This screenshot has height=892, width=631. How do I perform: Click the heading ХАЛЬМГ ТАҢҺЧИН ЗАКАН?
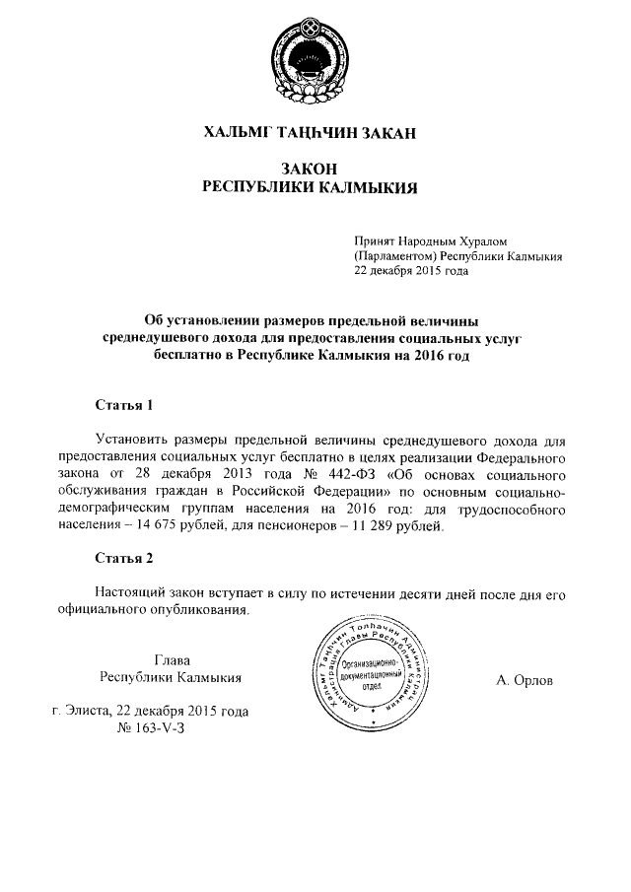click(x=311, y=132)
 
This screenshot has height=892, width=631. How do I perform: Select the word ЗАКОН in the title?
click(x=311, y=169)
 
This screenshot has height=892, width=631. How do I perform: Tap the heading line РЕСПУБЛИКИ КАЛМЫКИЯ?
click(x=311, y=186)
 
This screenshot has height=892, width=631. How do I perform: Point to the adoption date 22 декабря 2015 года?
click(x=411, y=271)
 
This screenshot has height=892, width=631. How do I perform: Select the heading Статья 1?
click(x=124, y=404)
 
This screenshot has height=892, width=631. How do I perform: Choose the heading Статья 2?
click(x=124, y=559)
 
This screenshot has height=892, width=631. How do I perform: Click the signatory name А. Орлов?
click(x=526, y=680)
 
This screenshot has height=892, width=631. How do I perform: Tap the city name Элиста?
click(x=89, y=711)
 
